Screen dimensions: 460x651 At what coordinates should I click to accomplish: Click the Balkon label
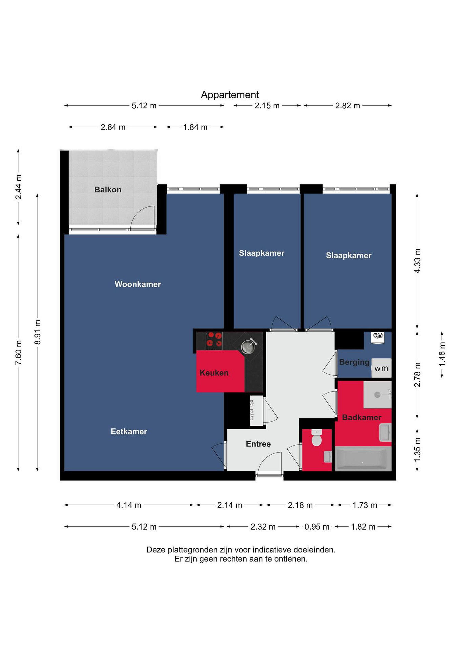coord(108,189)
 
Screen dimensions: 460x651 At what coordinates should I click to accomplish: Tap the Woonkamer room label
coord(138,284)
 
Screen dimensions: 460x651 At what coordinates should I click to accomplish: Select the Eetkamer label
coord(129,432)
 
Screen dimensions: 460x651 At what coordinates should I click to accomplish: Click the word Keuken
coord(214,373)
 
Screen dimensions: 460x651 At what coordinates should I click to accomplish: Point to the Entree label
coord(258,444)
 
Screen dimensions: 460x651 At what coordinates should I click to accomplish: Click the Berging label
coord(354,362)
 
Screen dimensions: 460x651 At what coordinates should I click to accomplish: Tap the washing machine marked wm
coord(381,368)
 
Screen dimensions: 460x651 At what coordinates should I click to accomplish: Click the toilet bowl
coord(316,438)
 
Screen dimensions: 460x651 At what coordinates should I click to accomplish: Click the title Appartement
coord(230,95)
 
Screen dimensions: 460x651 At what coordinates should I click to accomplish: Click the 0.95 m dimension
coord(317,527)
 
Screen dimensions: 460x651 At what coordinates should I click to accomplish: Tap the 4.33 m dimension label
coord(417,261)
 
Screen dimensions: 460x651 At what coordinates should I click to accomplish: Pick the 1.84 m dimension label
coord(195,127)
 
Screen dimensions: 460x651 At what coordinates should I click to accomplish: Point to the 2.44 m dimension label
coord(19,187)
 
